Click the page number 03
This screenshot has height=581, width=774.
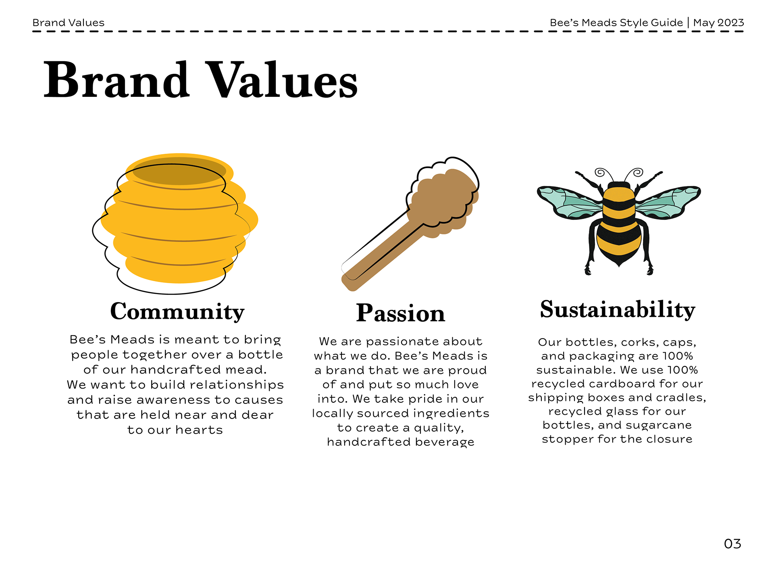(x=732, y=544)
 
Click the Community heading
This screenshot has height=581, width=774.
(x=177, y=311)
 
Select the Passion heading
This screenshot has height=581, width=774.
(x=400, y=313)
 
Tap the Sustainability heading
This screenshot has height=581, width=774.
(x=618, y=310)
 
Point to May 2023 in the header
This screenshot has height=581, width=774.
(x=718, y=23)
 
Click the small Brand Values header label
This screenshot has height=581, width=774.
(x=68, y=23)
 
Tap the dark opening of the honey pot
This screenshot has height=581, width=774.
(x=179, y=171)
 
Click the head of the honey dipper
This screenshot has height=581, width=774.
(x=443, y=200)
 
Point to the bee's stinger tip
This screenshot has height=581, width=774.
(x=619, y=265)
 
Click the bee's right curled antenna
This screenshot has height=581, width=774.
(x=638, y=173)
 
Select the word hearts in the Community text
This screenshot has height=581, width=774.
(x=199, y=430)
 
